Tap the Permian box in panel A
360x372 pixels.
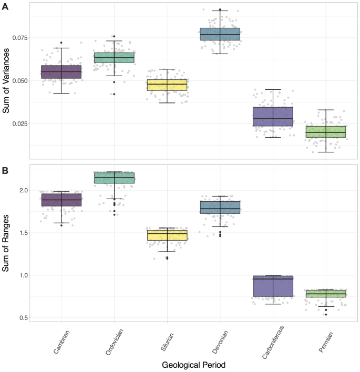pos(325,131)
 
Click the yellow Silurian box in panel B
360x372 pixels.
pos(167,235)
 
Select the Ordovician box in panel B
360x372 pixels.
pos(114,178)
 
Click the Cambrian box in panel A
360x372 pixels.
pos(61,72)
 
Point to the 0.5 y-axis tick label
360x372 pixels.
pos(25,318)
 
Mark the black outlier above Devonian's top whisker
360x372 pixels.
pos(220,9)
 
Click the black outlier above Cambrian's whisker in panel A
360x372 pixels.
pos(61,43)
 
